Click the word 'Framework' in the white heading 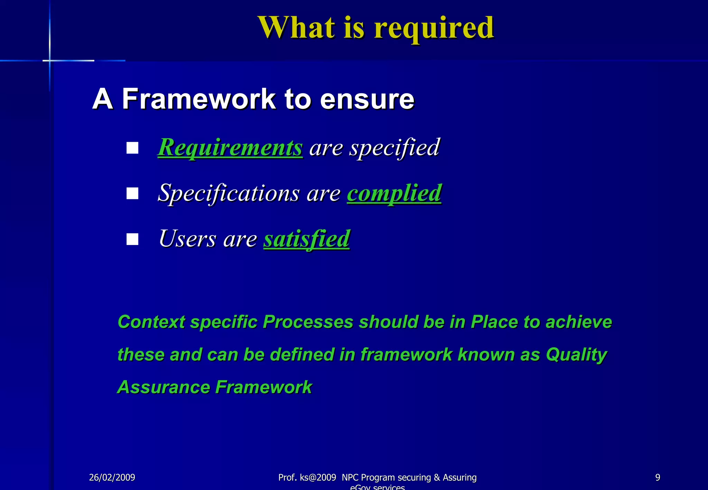tap(199, 99)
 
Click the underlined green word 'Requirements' tap(230, 148)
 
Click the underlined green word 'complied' tap(394, 193)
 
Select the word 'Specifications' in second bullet tap(229, 193)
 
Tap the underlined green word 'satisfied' tap(307, 239)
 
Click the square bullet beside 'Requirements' tap(132, 148)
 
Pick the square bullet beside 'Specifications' tap(132, 194)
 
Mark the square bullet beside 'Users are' tap(132, 239)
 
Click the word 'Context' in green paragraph tap(151, 322)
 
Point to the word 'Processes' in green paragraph tap(308, 322)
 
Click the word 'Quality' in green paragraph tap(576, 355)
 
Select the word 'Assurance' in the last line tap(163, 387)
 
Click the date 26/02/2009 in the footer tap(112, 478)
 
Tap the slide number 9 tap(658, 478)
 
